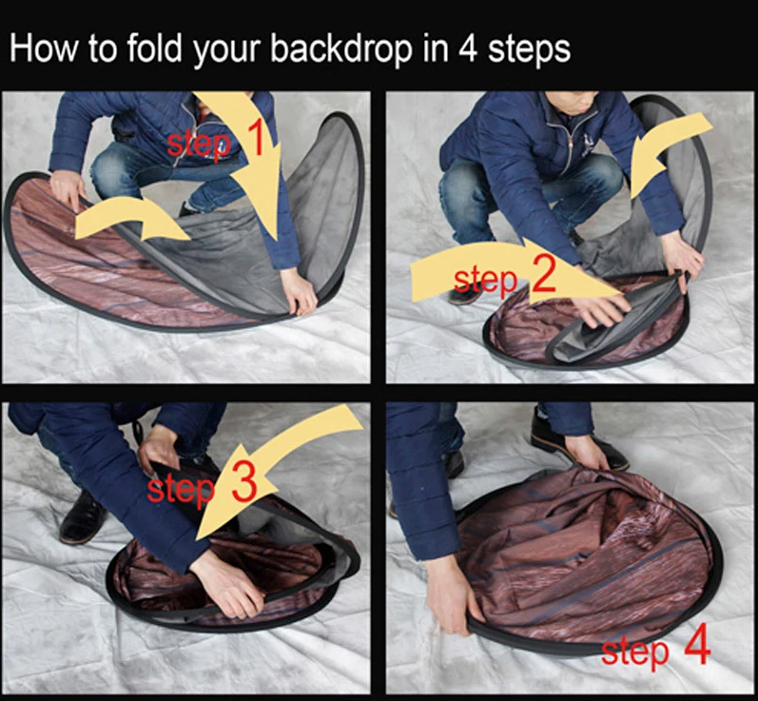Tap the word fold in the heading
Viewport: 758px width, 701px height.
pyautogui.click(x=154, y=48)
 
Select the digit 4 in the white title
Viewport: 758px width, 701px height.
pyautogui.click(x=468, y=49)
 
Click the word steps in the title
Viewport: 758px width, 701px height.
pyautogui.click(x=529, y=50)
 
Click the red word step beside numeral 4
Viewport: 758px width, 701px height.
pyautogui.click(x=635, y=652)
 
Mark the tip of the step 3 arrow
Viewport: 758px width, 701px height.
pyautogui.click(x=197, y=540)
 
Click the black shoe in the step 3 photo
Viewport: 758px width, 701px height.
pyautogui.click(x=83, y=517)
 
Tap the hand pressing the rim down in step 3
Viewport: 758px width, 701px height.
pyautogui.click(x=228, y=586)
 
